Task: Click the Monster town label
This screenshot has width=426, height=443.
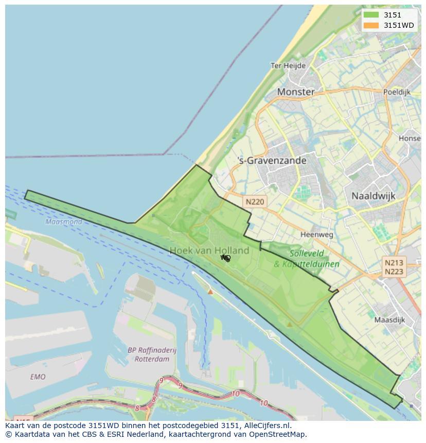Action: [x=296, y=92]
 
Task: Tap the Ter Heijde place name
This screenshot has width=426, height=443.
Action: [x=288, y=66]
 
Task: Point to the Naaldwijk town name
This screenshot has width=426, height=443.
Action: [x=372, y=196]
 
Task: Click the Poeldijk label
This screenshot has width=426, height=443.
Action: [x=397, y=92]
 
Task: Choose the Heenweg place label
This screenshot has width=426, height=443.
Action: [x=316, y=235]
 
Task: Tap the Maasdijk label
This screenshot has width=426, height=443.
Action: [x=389, y=320]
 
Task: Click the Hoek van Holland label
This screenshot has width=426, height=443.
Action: [x=209, y=251]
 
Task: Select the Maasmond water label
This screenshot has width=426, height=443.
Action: [x=63, y=222]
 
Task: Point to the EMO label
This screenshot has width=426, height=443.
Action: [x=38, y=377]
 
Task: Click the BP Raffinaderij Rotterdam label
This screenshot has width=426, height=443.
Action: [x=152, y=355]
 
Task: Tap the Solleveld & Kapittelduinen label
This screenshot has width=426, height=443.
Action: [x=307, y=259]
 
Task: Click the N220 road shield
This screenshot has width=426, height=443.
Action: [x=255, y=202]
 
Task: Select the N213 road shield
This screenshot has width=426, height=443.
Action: [x=394, y=262]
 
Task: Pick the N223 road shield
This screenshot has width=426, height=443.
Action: [x=394, y=272]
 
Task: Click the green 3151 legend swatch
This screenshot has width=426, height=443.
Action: [x=371, y=15]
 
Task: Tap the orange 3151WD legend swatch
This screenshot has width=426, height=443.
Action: [x=371, y=25]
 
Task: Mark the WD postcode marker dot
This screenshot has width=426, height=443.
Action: [x=227, y=259]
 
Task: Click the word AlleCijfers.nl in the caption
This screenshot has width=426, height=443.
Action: [x=266, y=426]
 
